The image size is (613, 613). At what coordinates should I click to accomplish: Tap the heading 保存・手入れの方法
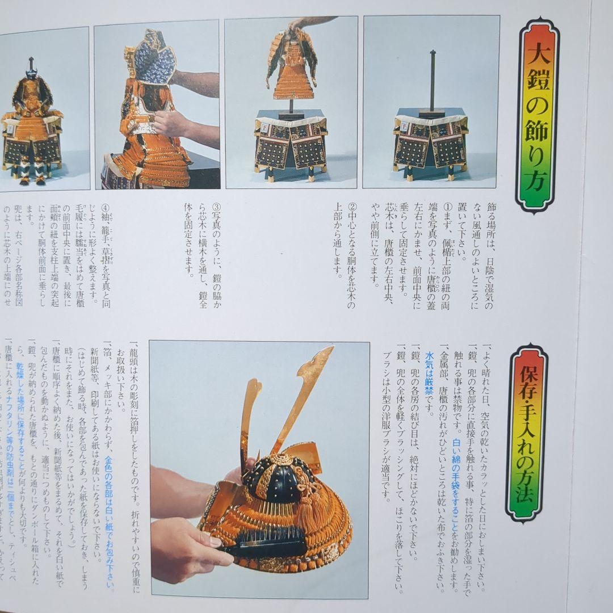click(527, 432)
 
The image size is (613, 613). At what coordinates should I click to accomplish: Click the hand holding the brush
click(182, 551)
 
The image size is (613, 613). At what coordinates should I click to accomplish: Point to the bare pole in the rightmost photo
click(433, 79)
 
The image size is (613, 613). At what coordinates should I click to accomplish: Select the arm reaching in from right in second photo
click(196, 83)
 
